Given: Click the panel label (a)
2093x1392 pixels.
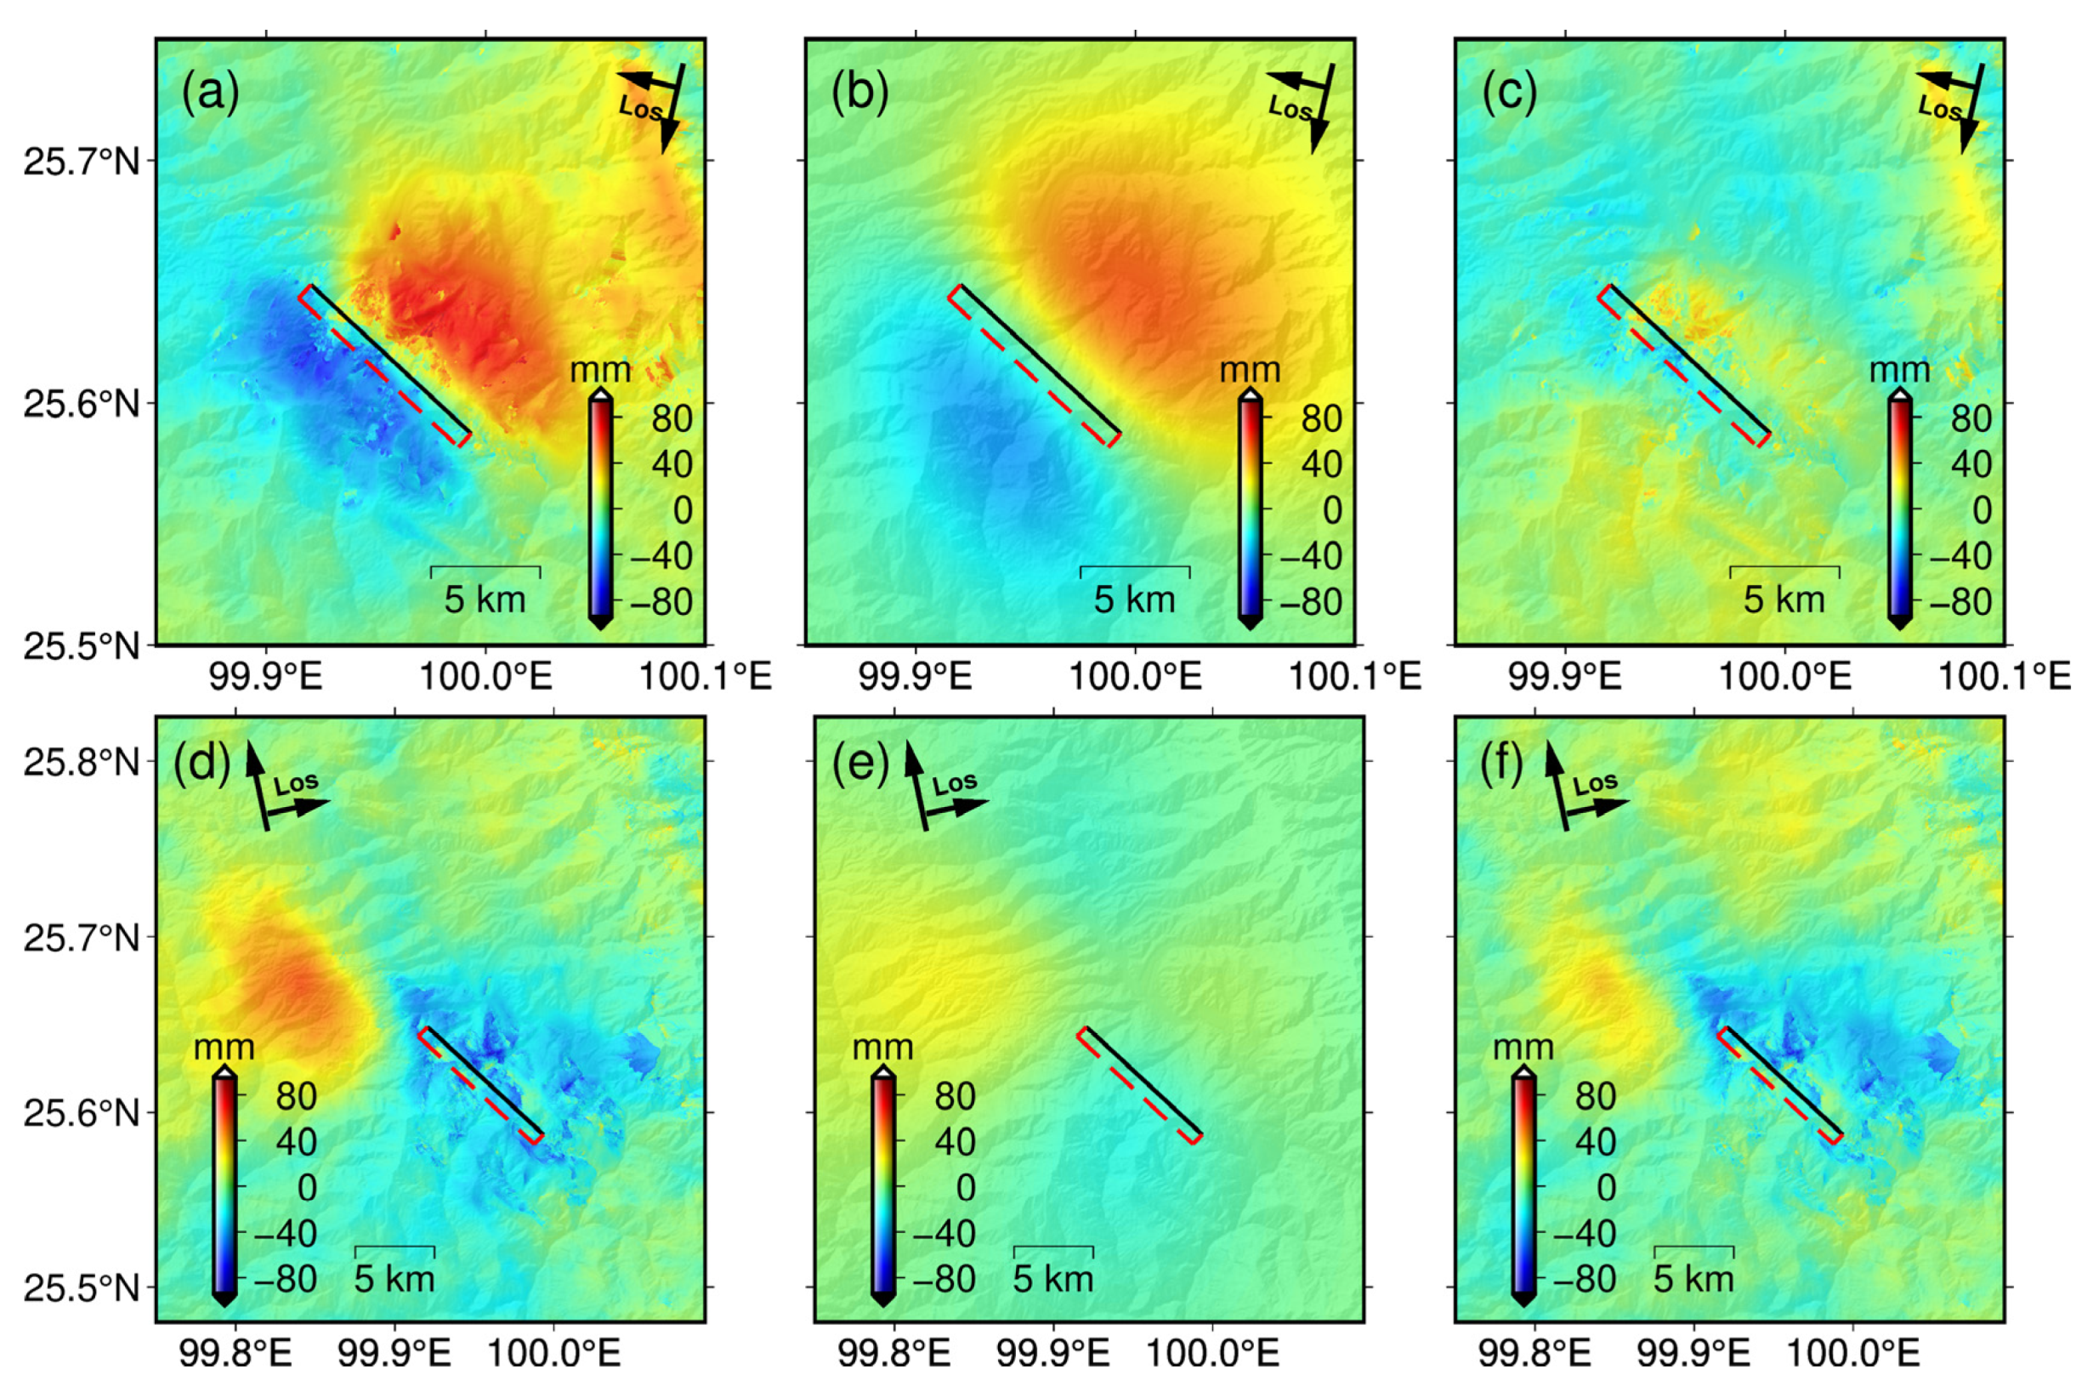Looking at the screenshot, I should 210,94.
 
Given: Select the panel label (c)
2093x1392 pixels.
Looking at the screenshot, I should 1509,94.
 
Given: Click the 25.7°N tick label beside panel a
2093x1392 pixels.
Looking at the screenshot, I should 82,162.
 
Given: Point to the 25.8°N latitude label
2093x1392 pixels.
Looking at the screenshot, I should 82,762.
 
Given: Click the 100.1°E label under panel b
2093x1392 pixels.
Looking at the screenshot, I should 1354,677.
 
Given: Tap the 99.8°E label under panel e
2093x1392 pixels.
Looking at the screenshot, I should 893,1354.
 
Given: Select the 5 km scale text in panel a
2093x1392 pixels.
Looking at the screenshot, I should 485,600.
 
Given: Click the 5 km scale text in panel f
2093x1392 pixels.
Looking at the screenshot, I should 1693,1279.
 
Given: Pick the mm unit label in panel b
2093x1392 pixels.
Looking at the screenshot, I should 1250,369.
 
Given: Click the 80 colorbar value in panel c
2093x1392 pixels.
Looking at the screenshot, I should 1971,418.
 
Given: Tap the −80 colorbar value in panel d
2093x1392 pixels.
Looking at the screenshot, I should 285,1279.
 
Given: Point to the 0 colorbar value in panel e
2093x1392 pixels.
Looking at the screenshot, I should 965,1188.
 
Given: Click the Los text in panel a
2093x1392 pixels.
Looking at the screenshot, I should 640,108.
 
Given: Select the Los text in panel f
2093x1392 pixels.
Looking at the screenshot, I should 1595,784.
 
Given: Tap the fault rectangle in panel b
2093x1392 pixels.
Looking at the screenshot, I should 1035,365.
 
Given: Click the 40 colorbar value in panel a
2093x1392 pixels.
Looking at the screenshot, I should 672,464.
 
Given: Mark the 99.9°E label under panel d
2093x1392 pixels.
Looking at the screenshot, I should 395,1354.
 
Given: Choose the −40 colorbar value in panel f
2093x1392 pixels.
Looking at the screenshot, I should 1584,1233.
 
